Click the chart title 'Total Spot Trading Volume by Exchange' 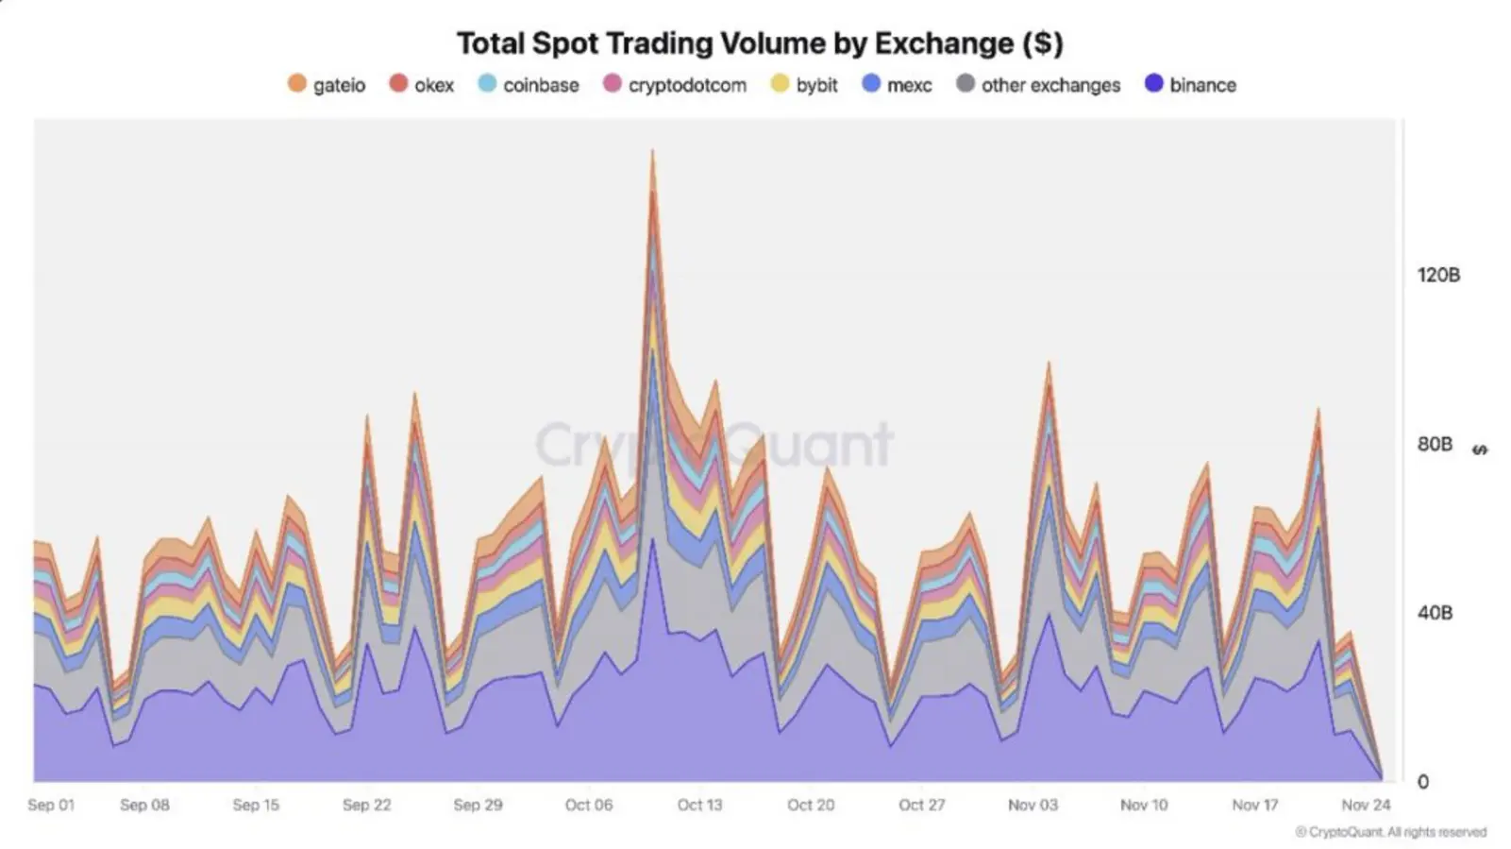760,43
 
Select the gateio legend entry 327,85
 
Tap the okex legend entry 422,85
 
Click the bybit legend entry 804,85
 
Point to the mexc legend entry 898,85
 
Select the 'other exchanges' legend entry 1038,85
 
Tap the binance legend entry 1190,85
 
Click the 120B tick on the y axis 1438,275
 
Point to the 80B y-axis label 1435,444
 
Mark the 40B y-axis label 1435,613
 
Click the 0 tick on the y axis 1423,782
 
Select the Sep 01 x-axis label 51,805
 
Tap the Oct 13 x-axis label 699,805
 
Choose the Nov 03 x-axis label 1033,805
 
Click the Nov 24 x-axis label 1366,805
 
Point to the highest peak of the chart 652,151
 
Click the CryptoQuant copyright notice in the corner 1391,832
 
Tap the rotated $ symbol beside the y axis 1480,450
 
